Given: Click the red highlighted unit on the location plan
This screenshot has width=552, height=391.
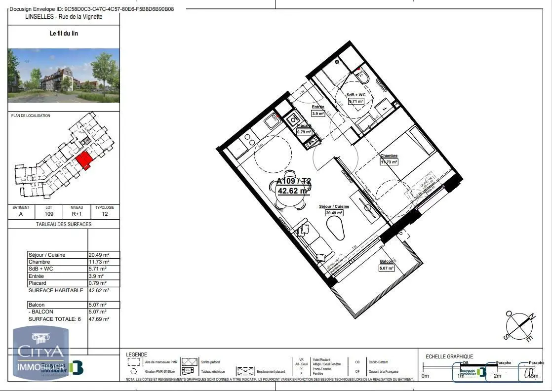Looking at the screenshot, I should coord(84,160).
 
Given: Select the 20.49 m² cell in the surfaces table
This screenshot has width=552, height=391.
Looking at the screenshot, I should coord(99,255).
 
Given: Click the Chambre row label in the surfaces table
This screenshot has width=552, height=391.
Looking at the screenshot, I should coord(39,262).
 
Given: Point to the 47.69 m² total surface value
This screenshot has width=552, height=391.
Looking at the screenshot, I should coord(99,319).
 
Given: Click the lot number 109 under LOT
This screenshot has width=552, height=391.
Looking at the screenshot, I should coord(49,214).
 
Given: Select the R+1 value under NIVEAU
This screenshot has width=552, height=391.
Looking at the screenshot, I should coord(77,214).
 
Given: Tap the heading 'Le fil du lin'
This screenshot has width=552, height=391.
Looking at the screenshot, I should coord(64,34).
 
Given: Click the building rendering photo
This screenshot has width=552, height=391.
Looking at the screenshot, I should coord(64,75).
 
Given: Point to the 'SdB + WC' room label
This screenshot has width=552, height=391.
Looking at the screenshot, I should coord(355,95).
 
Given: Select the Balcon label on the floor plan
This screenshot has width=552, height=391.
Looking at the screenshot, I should coord(387,261).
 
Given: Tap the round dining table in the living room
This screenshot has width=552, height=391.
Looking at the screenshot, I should coord(291,191).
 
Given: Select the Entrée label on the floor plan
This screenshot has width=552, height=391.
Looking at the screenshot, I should coord(317,107).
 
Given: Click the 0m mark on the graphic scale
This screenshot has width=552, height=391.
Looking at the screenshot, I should coord(425,376).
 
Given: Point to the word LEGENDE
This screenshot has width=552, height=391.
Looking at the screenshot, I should coord(136,354).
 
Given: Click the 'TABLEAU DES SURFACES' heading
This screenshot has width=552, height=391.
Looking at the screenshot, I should coord(64,224).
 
